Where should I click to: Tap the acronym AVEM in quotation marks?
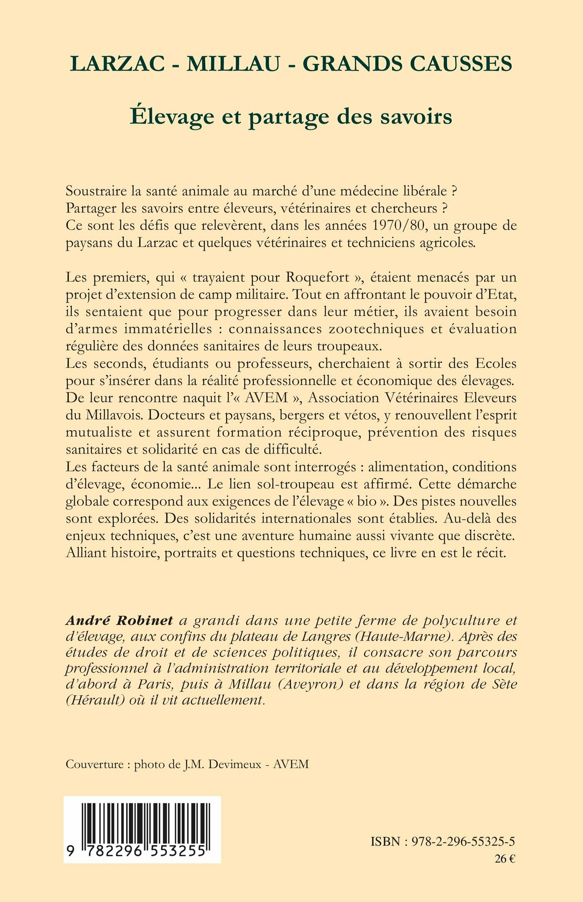(x=267, y=397)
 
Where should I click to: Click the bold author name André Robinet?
(x=120, y=620)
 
